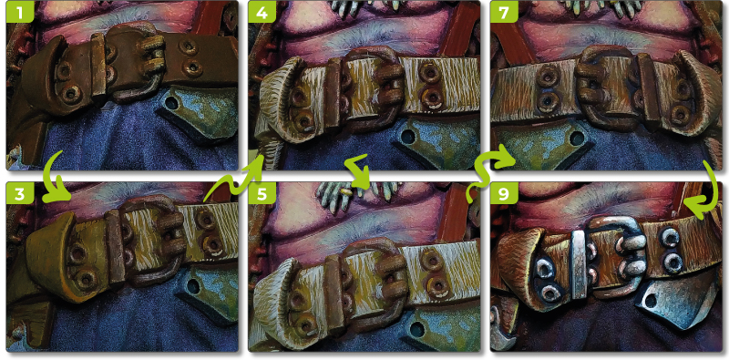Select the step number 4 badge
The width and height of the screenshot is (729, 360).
coord(262,13)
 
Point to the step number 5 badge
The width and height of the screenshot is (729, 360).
coord(262,193)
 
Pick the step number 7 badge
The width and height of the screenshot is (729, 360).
coord(502,13)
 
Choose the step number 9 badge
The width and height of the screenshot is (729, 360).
coord(502,193)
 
